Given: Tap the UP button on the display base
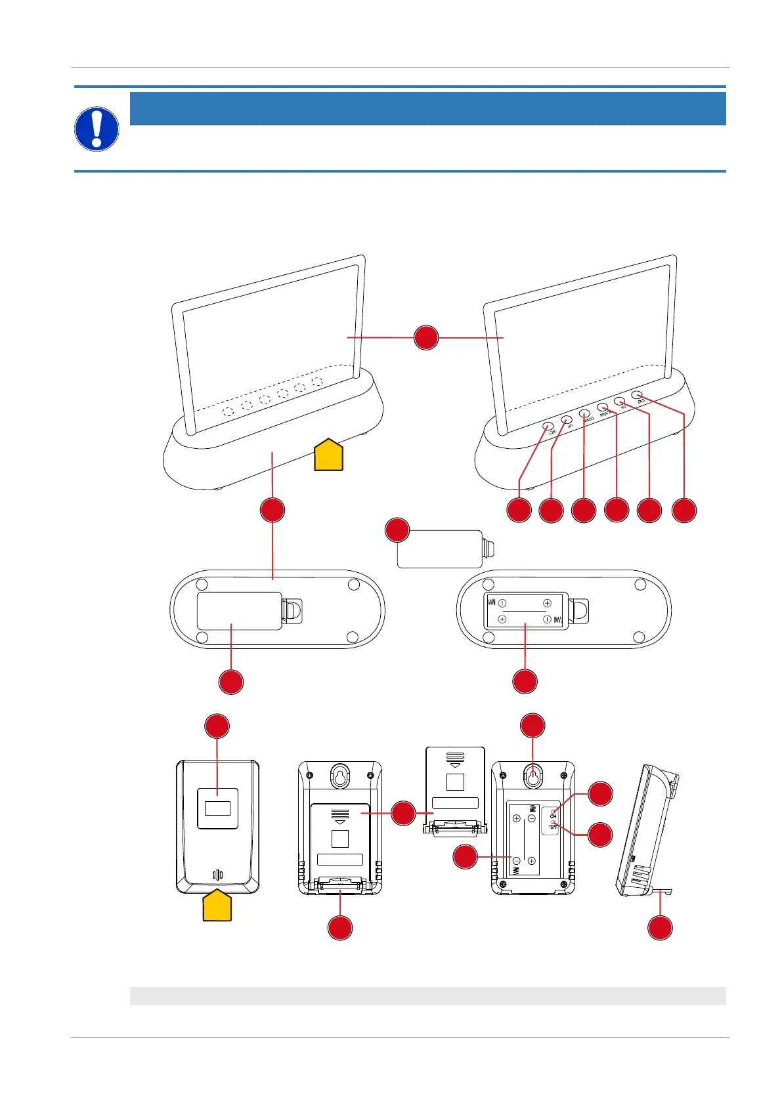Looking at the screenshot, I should click(x=567, y=420).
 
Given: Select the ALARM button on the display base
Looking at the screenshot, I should click(x=602, y=407).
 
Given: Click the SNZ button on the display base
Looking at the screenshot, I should click(x=637, y=395).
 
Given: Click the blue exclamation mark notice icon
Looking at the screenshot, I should click(x=97, y=129).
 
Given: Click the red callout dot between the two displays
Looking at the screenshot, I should click(x=426, y=337).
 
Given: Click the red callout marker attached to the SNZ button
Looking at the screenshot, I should click(x=684, y=511).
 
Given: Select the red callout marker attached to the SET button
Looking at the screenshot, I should click(x=519, y=511).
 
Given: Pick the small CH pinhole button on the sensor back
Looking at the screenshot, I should click(x=553, y=811).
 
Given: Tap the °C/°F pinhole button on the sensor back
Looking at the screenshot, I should click(x=554, y=822).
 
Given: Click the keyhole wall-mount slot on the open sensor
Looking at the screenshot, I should click(x=532, y=776).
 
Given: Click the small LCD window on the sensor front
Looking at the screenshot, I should click(x=217, y=808).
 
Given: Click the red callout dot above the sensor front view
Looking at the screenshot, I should click(x=217, y=726).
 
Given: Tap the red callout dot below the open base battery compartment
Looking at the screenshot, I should click(x=525, y=682).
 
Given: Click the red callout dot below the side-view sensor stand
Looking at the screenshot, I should click(x=661, y=928).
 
